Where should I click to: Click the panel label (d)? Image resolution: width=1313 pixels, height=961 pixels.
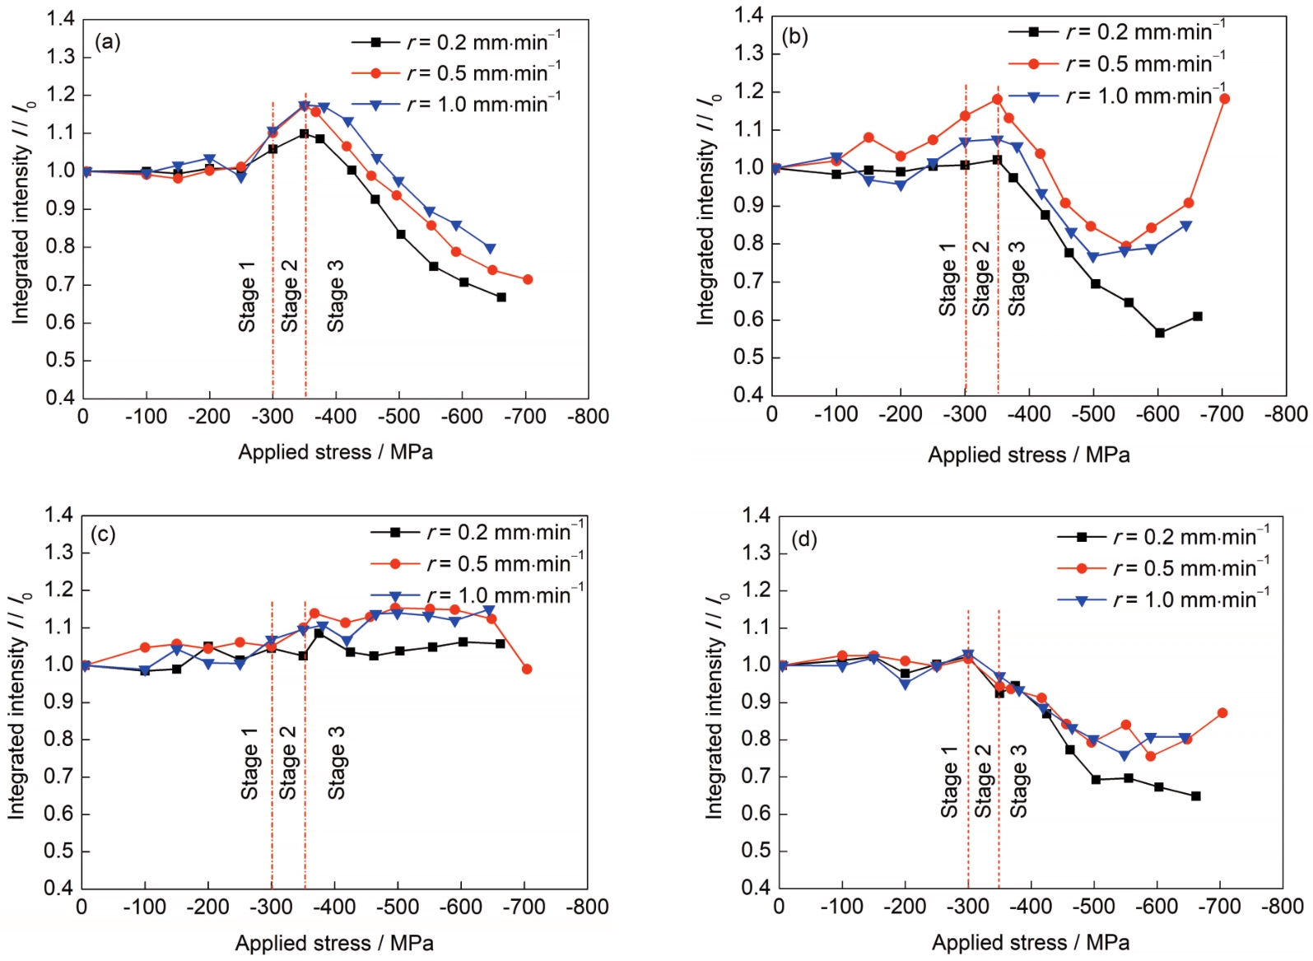pos(803,539)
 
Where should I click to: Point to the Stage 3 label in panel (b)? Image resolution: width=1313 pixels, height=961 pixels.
pos(1017,278)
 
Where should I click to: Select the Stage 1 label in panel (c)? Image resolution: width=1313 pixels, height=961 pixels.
pos(249,763)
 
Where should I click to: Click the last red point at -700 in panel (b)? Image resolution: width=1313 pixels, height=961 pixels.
pos(1224,99)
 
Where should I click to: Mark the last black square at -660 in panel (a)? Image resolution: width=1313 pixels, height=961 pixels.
pos(501,296)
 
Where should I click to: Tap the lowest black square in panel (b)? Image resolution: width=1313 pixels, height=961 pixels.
pos(1160,333)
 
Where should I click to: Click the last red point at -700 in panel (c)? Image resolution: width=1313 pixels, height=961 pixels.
pos(527,669)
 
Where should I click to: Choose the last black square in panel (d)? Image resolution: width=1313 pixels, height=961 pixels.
pos(1196,795)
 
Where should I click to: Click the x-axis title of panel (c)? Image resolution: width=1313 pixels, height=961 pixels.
pos(334,943)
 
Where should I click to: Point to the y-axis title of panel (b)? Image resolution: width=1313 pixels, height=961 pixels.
pos(706,210)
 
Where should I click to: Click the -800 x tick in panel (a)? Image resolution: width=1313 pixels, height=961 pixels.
pos(588,418)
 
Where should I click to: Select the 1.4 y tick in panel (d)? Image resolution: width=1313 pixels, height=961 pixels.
pos(756,516)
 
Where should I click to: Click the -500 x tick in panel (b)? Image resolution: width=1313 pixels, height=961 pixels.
pos(1093,414)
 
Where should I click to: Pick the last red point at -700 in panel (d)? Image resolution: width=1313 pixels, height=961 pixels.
pos(1222,712)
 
